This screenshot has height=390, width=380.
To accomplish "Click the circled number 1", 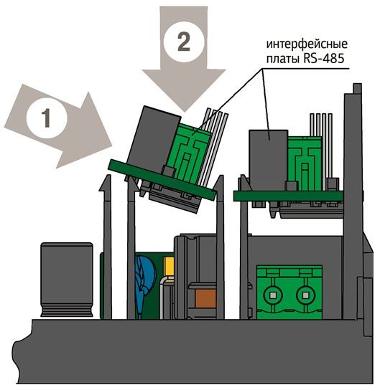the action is click(x=47, y=118).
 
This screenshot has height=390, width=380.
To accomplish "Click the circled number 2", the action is click(x=184, y=42).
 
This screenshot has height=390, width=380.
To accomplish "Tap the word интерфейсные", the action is click(x=307, y=44).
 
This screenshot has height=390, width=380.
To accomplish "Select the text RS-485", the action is click(x=324, y=59).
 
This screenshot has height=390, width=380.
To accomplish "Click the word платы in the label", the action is click(x=283, y=60).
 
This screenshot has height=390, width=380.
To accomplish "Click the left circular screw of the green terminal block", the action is click(x=273, y=295).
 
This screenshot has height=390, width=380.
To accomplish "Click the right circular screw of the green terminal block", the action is click(x=306, y=295).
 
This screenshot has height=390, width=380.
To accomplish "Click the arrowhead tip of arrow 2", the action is click(x=184, y=112).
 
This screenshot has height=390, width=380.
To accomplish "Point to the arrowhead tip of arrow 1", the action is click(x=111, y=145).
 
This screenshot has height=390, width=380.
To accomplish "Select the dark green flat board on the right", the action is click(x=288, y=196).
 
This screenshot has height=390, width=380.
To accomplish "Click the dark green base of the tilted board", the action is click(x=162, y=180).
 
